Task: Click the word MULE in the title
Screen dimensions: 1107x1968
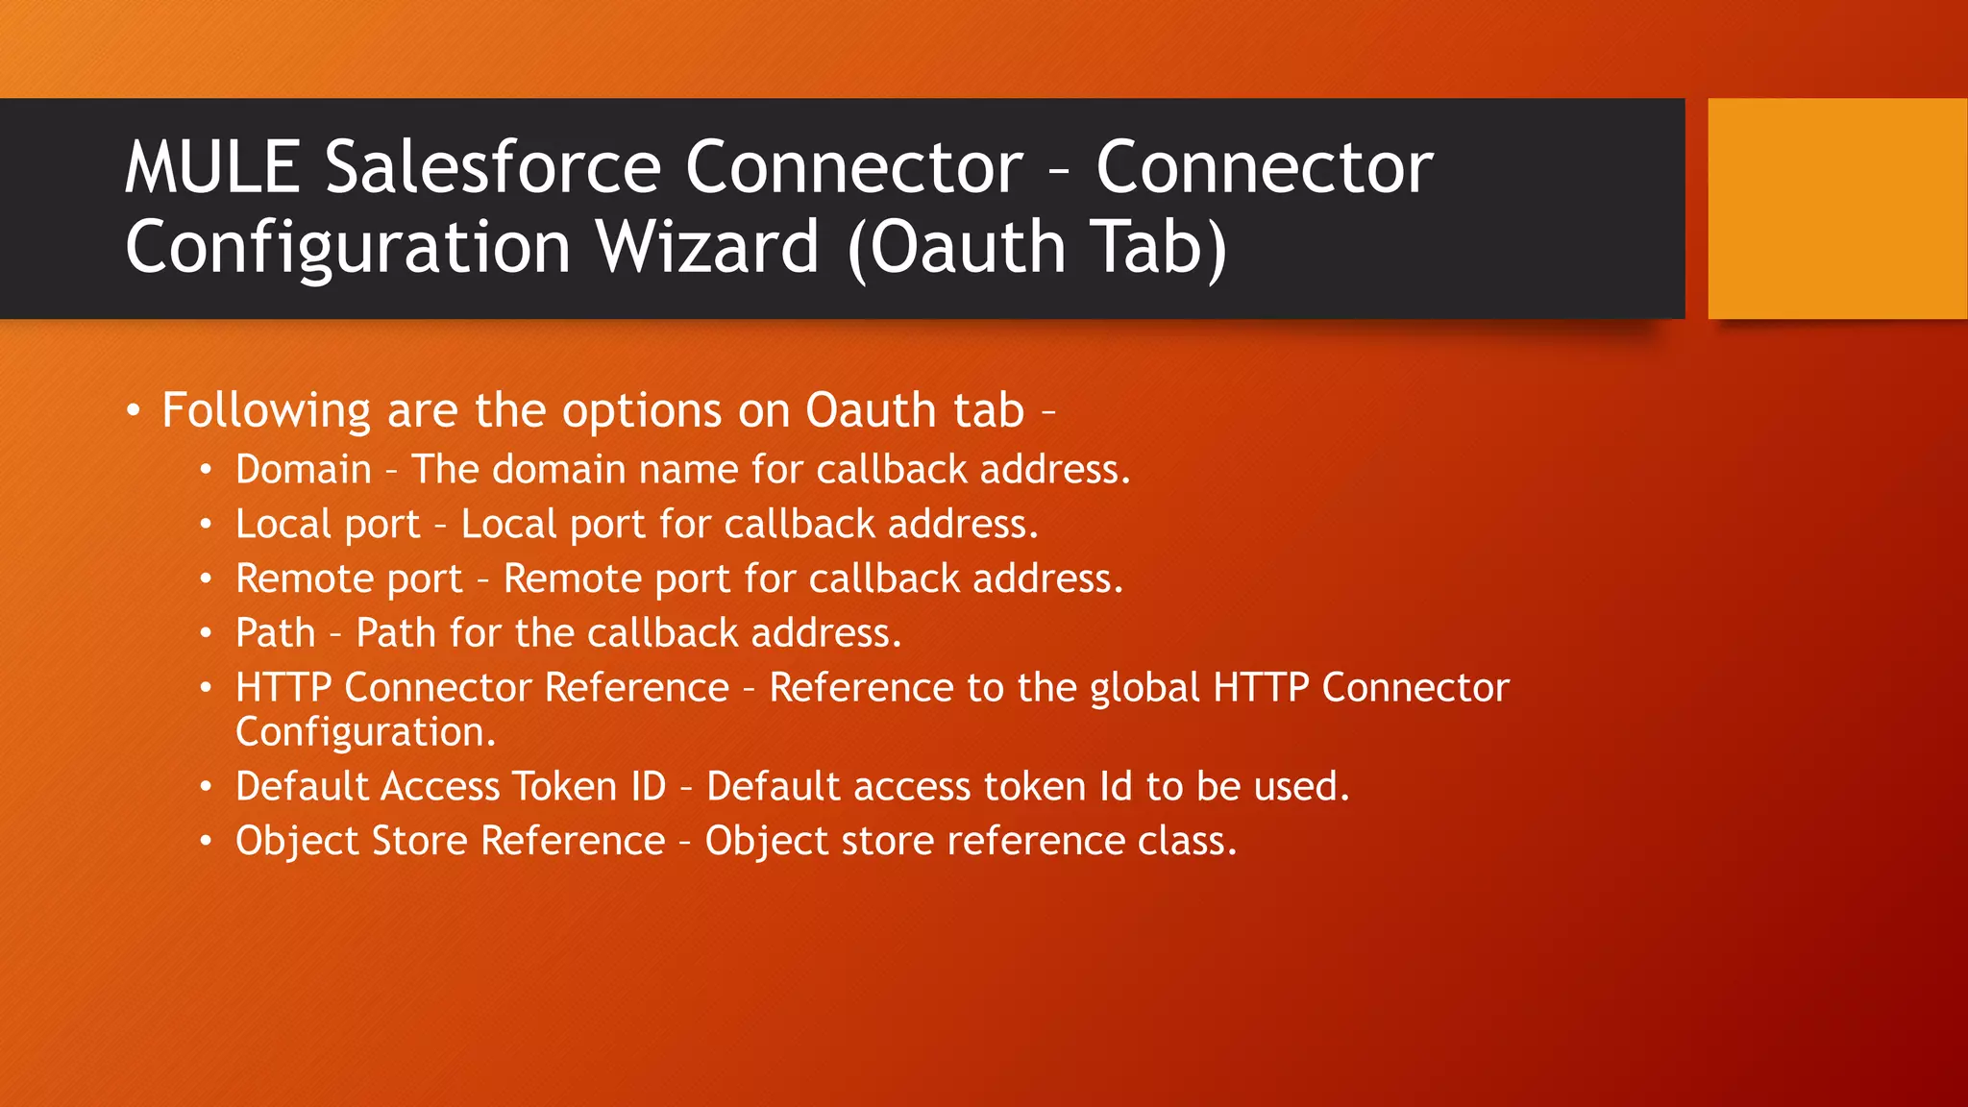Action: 212,167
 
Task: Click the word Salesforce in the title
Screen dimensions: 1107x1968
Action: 493,167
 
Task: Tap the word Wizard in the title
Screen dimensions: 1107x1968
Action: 707,247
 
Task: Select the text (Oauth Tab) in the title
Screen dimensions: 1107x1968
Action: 1038,247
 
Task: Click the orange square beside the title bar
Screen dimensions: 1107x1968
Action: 1836,208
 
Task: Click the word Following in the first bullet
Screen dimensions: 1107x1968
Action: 266,410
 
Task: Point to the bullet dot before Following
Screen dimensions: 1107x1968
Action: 134,411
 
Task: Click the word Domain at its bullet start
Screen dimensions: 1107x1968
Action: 304,469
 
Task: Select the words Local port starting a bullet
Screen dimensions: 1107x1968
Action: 328,524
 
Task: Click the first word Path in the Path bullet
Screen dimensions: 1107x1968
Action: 276,633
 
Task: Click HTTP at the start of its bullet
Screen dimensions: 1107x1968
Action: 283,687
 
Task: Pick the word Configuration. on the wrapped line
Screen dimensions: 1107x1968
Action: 366,732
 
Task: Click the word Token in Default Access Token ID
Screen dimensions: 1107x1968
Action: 564,786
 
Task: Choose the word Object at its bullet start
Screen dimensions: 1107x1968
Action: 296,841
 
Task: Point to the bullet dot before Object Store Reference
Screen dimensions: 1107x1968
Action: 206,842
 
